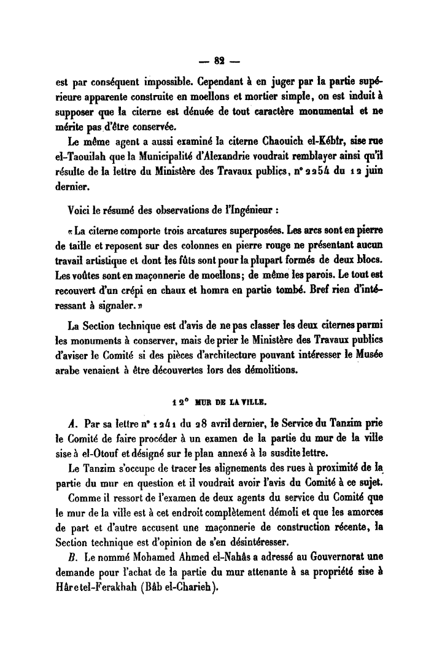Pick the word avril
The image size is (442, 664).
241,425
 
